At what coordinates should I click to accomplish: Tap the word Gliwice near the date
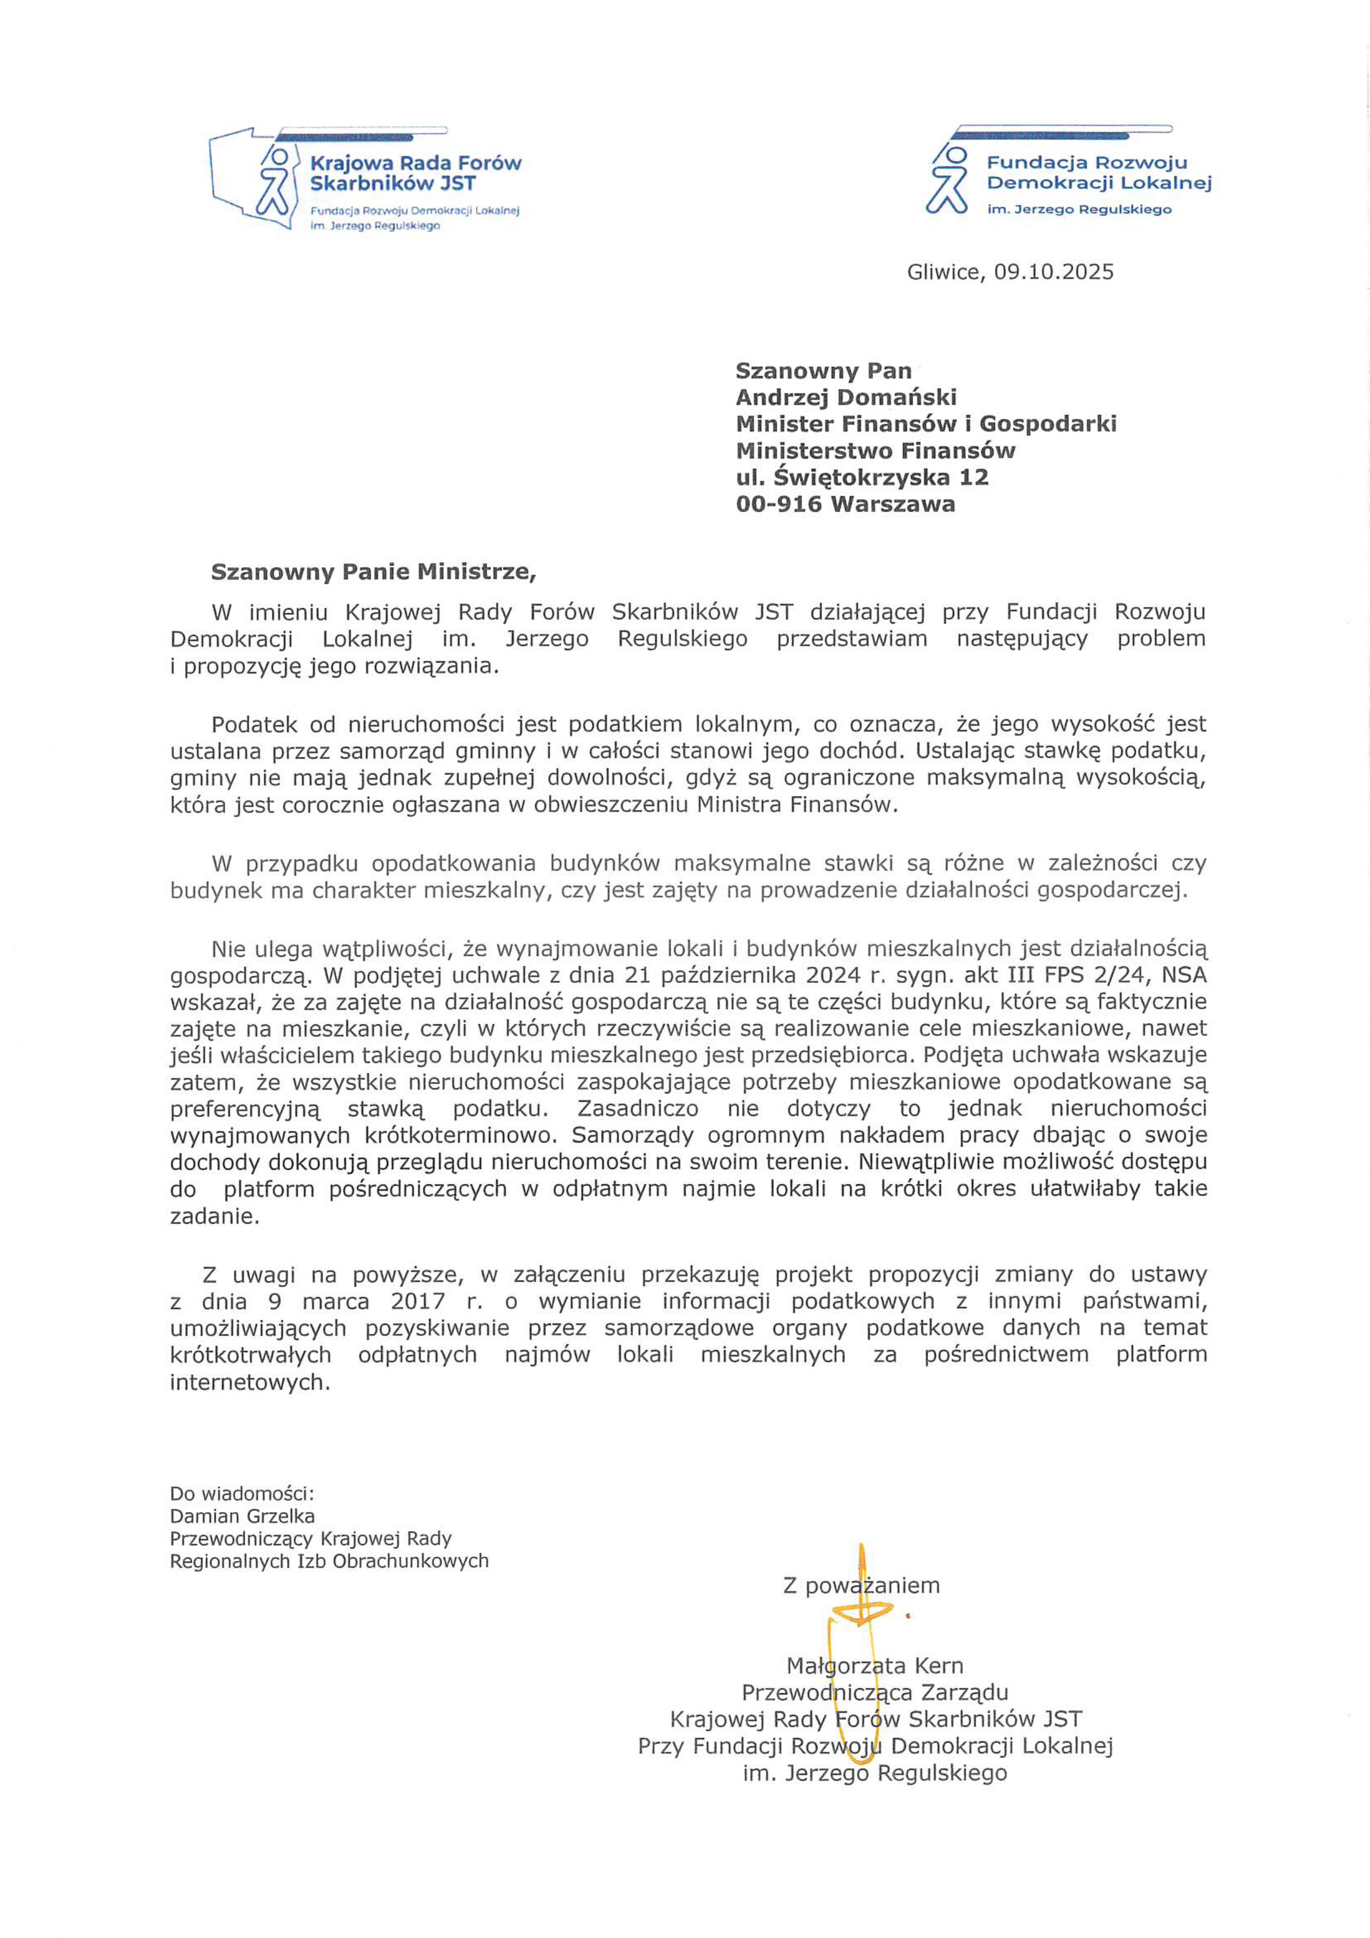click(x=945, y=272)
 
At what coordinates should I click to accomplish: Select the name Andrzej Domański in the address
click(x=846, y=397)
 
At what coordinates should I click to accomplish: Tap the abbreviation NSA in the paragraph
click(x=1184, y=975)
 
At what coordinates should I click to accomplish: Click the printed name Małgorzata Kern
click(x=874, y=1665)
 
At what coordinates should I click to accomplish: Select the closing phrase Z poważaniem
click(x=861, y=1585)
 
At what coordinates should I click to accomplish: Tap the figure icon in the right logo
click(x=947, y=180)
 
